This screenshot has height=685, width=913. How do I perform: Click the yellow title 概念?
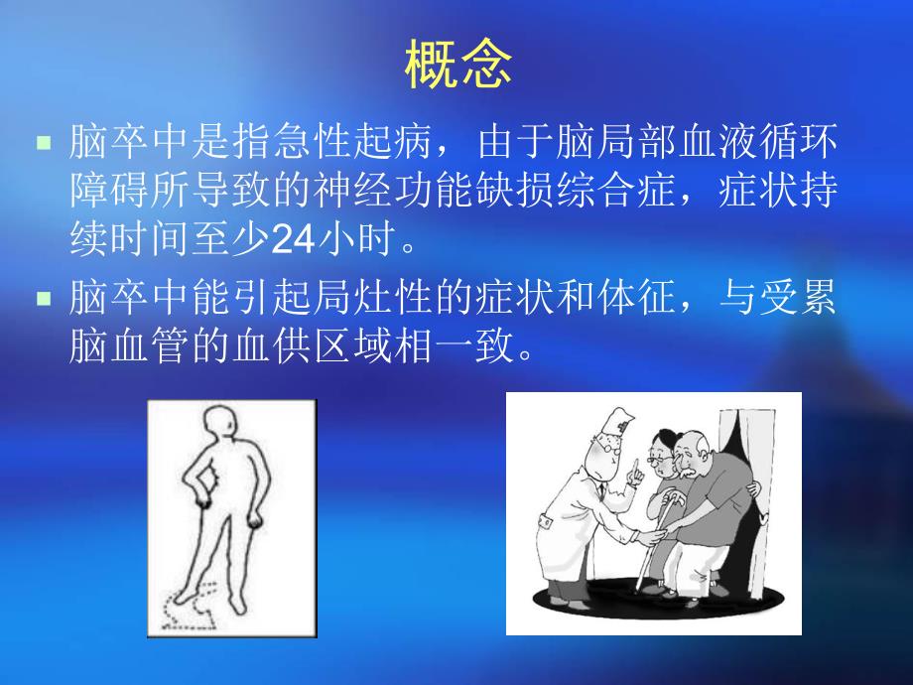pyautogui.click(x=458, y=67)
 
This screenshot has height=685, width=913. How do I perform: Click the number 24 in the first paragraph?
pyautogui.click(x=293, y=239)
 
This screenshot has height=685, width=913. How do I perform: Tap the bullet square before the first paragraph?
pyautogui.click(x=43, y=143)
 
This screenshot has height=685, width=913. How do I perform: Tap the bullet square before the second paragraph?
pyautogui.click(x=43, y=297)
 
